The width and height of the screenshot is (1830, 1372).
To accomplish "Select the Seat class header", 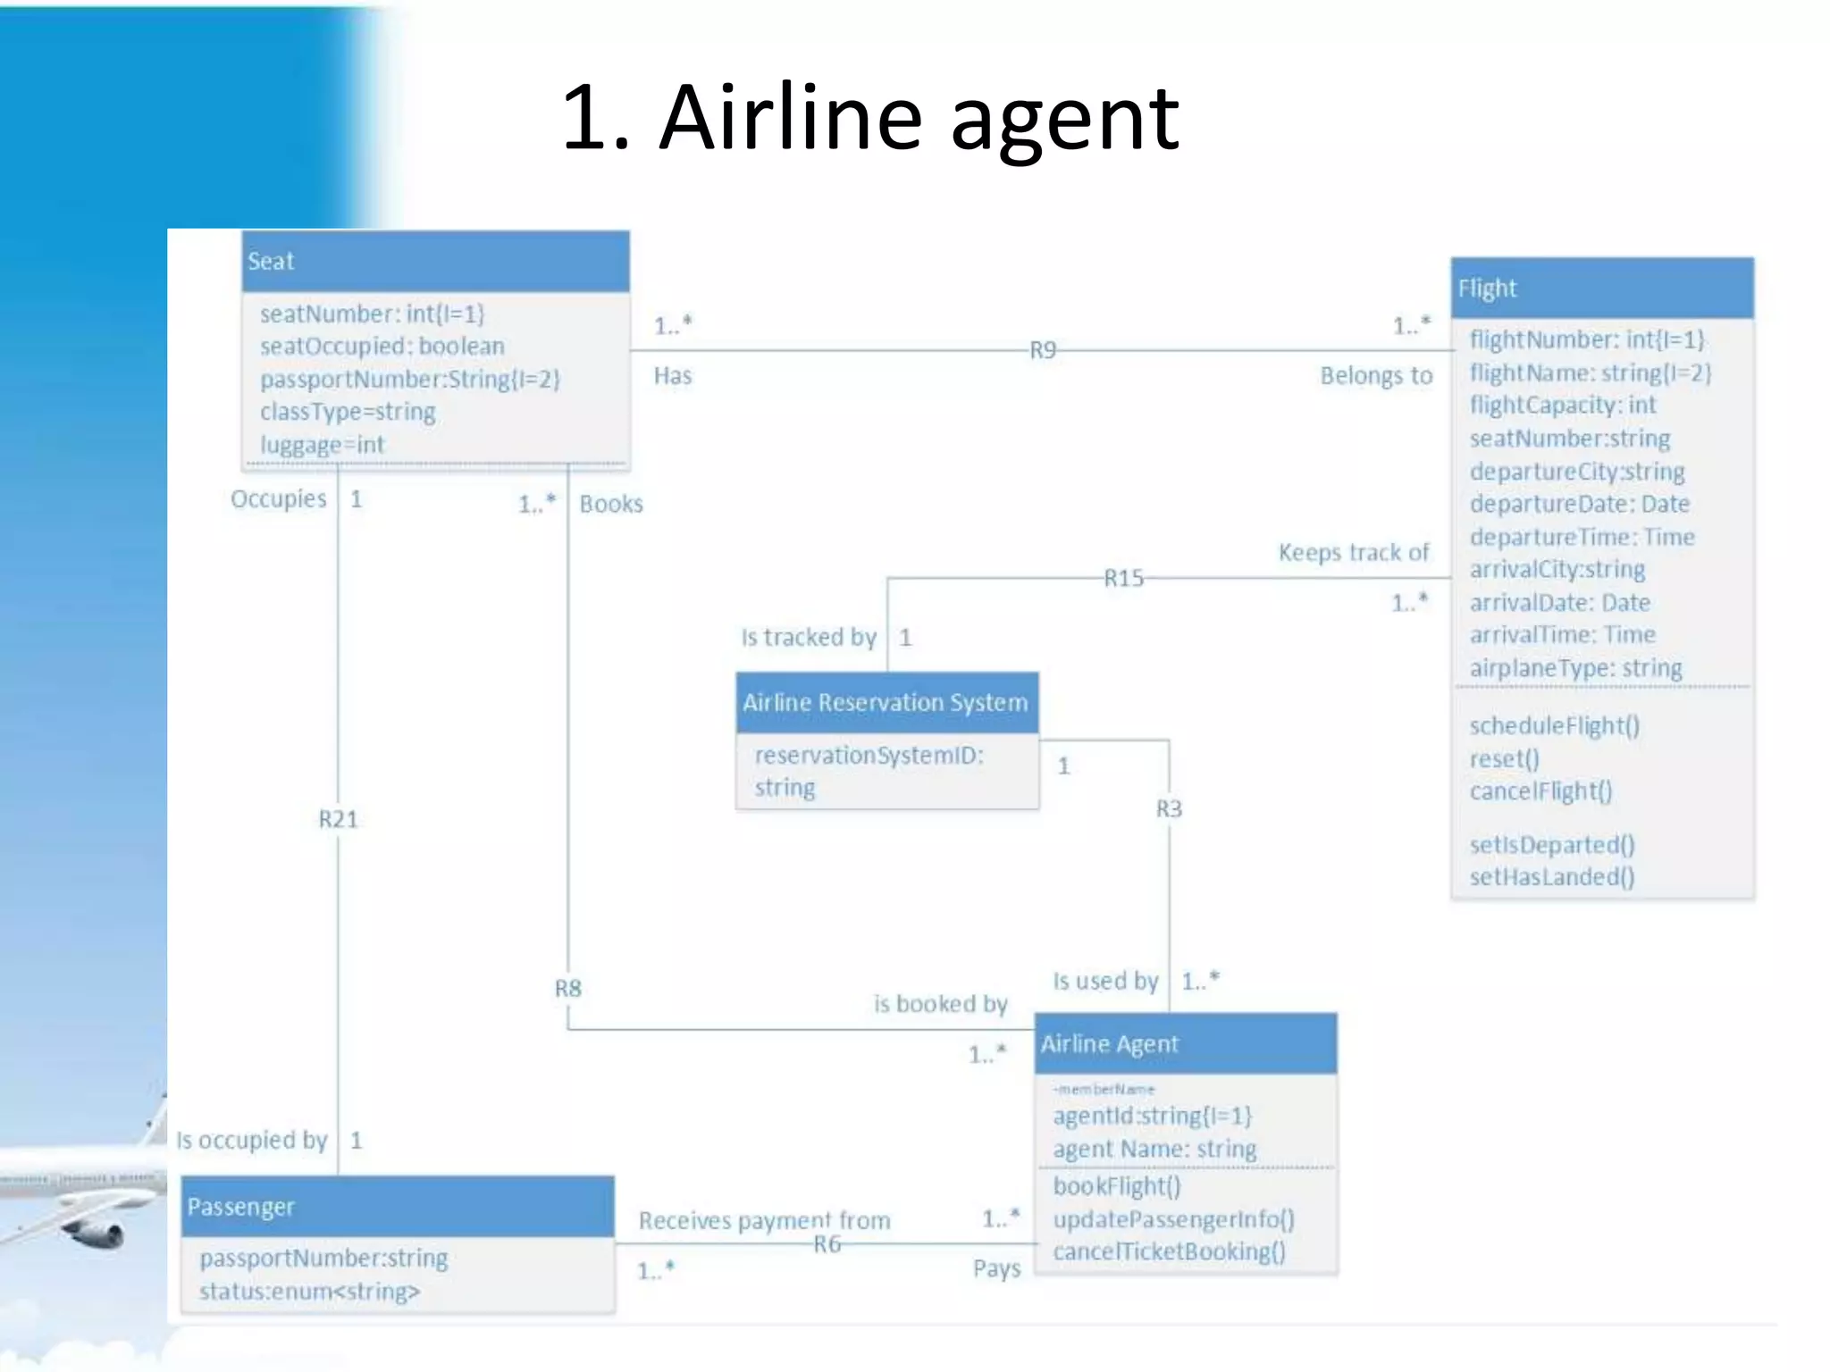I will click(x=435, y=262).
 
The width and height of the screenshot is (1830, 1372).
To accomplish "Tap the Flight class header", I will click(x=1601, y=289).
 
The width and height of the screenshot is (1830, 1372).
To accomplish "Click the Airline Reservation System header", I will click(x=886, y=703).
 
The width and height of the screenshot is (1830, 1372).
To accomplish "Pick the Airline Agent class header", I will click(x=1185, y=1044).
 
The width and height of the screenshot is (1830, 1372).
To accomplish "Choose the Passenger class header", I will click(x=397, y=1207).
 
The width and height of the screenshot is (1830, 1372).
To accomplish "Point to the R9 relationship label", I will click(x=1042, y=350).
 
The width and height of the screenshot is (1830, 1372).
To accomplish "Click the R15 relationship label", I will click(x=1123, y=579).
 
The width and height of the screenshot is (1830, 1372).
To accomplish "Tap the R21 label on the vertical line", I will click(x=338, y=819).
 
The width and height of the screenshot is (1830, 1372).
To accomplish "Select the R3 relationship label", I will click(x=1169, y=808).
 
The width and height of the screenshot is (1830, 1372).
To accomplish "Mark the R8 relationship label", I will click(x=567, y=989).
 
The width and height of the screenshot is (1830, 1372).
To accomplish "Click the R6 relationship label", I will click(x=827, y=1244).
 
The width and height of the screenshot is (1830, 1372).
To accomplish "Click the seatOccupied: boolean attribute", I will click(x=382, y=347).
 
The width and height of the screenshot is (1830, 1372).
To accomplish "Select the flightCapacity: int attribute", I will click(x=1563, y=406).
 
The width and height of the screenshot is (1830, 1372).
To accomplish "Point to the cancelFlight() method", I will click(x=1540, y=791).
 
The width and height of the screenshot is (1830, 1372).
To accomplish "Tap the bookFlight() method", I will click(x=1117, y=1186).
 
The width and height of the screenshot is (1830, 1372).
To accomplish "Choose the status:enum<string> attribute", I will click(x=309, y=1292).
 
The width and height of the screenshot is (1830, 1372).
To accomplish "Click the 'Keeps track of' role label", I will click(x=1353, y=553).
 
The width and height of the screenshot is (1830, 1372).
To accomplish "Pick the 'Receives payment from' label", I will click(x=764, y=1220).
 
